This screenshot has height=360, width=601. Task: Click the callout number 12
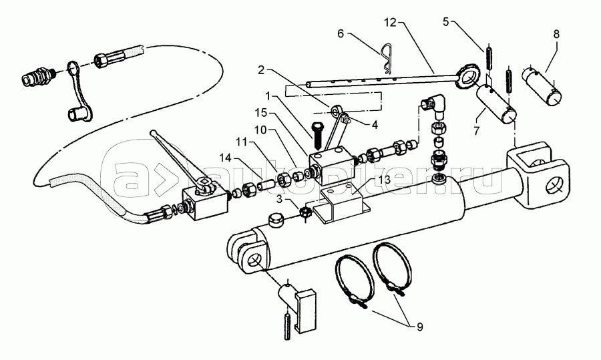(x=390, y=23)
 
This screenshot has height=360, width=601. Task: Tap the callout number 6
(x=341, y=34)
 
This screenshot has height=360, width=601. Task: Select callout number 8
(x=556, y=34)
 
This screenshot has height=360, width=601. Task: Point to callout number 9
(x=420, y=327)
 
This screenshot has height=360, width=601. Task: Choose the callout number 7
(x=476, y=131)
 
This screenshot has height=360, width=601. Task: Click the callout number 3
(x=280, y=199)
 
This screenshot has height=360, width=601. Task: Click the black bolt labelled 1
(x=318, y=136)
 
